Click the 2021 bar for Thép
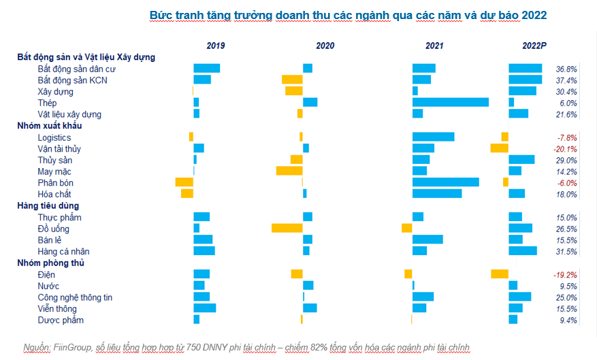[x=450, y=102]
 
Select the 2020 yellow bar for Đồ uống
[x=287, y=228]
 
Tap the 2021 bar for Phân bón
[x=445, y=182]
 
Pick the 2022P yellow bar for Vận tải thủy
[x=499, y=148]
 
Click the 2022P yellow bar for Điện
[x=499, y=274]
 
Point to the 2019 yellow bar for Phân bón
[x=184, y=182]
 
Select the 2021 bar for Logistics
[x=433, y=137]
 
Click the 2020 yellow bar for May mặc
[x=289, y=171]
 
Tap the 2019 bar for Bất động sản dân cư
[x=206, y=68]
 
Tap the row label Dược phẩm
[x=61, y=320]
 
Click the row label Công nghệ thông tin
[x=75, y=297]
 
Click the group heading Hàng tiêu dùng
[x=48, y=206]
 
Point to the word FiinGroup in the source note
[x=74, y=348]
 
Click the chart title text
[x=348, y=14]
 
